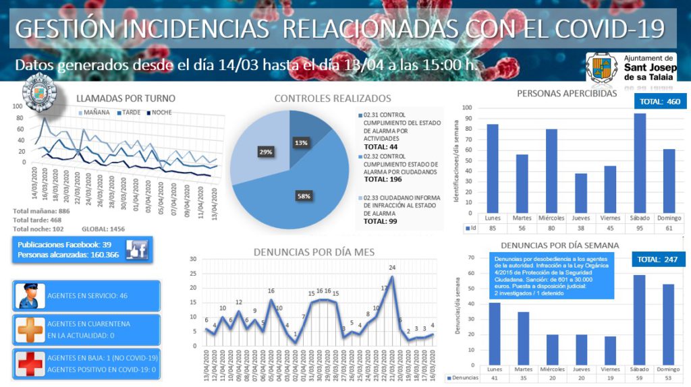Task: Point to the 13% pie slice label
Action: (x=301, y=142)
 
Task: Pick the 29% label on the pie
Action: (x=266, y=152)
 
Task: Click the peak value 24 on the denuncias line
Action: (x=391, y=268)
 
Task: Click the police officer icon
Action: (x=30, y=296)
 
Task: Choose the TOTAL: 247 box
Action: (x=659, y=259)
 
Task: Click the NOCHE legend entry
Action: (x=161, y=113)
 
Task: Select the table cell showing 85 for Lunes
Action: (x=492, y=229)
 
